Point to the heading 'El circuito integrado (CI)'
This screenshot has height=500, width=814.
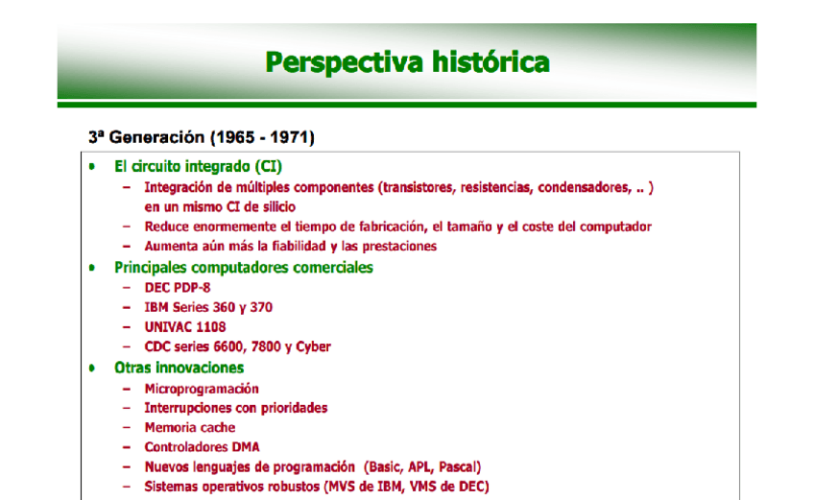(198, 166)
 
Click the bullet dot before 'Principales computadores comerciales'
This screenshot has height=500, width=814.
(93, 268)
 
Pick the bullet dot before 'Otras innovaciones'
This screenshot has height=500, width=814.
(93, 368)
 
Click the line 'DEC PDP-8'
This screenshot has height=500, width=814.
(177, 288)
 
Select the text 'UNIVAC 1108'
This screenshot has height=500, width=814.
(185, 327)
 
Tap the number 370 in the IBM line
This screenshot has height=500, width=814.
(260, 307)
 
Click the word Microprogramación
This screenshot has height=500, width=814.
(202, 389)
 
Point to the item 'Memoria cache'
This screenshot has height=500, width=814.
(190, 428)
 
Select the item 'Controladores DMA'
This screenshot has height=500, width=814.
(202, 447)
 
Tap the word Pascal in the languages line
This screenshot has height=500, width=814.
(456, 467)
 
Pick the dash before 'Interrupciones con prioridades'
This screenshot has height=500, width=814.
(127, 408)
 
